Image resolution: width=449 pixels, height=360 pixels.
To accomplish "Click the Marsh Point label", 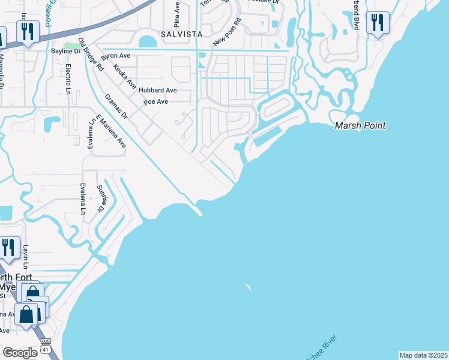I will pyautogui.click(x=360, y=125).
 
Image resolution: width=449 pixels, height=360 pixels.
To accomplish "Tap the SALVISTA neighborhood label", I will pyautogui.click(x=181, y=34).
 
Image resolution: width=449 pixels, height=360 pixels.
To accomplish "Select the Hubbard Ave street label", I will pyautogui.click(x=157, y=90).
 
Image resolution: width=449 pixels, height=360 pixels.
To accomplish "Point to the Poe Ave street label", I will pyautogui.click(x=155, y=102).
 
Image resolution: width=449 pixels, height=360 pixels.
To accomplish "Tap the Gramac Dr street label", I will pyautogui.click(x=116, y=106).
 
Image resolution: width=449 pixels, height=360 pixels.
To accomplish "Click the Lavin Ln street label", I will pyautogui.click(x=26, y=257).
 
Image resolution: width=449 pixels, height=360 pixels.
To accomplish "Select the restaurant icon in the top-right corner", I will pyautogui.click(x=377, y=23).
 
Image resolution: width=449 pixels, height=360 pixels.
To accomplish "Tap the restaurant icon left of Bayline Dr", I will pyautogui.click(x=27, y=31).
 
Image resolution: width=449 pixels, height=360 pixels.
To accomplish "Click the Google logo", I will pyautogui.click(x=20, y=353).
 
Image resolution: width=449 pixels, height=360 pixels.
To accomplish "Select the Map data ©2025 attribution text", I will pyautogui.click(x=423, y=355).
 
